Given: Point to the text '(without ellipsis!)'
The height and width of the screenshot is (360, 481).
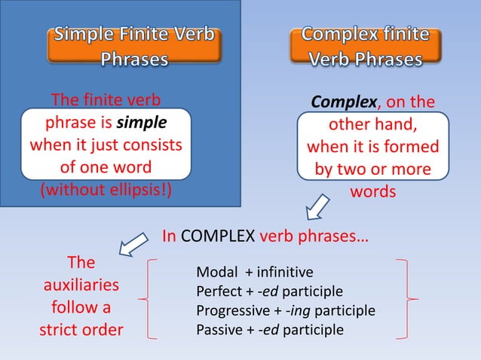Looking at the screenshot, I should pos(105,188).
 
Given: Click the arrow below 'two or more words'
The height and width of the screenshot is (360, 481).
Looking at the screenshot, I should pos(317,206).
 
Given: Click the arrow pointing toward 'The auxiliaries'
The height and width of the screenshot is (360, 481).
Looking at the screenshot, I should pos(134,244).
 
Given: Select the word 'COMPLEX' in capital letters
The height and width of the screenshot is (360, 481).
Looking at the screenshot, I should pos(219,235).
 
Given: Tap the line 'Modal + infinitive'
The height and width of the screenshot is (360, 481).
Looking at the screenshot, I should pos(254,272).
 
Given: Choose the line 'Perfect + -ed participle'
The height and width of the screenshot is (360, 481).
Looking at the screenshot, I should pos(269,291).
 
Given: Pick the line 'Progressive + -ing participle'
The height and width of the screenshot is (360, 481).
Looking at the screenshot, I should pos(285,310).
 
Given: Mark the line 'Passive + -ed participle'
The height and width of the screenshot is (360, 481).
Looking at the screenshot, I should pos(269,330).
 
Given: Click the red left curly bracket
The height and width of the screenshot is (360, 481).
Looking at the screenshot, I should pos(150,301).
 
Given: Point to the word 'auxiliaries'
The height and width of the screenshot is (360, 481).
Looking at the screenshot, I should pos(81,285).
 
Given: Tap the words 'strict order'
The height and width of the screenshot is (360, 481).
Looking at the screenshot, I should pos(81,330).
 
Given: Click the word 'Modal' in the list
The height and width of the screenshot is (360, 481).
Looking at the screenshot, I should pos(213,272).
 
